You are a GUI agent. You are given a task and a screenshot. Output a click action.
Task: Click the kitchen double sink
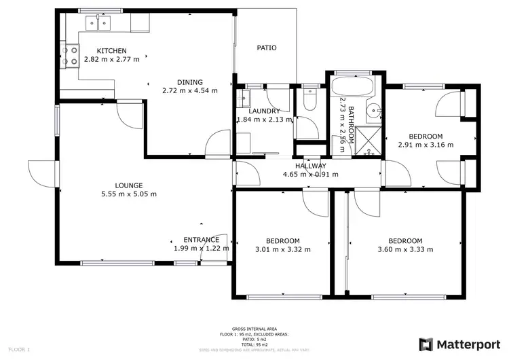tap(99, 25)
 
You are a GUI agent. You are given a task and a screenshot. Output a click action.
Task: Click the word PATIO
tap(266, 48)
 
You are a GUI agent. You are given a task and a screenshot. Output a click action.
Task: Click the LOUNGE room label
tap(128, 184)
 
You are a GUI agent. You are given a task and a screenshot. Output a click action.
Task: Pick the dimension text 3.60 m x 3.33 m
tap(404, 249)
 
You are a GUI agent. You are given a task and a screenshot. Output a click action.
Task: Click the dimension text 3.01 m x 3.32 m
tap(282, 249)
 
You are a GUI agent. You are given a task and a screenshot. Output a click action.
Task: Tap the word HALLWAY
tap(310, 166)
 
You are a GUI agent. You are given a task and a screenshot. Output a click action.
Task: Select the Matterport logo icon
tap(426, 344)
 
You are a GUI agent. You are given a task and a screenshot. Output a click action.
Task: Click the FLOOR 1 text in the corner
tap(18, 349)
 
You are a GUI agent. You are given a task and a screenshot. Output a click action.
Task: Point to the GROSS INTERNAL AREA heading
tap(254, 327)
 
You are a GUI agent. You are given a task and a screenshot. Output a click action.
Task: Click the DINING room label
tap(189, 82)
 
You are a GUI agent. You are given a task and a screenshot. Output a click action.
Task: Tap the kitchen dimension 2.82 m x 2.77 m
tap(111, 59)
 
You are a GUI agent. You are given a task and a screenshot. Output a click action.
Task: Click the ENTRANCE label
tap(201, 240)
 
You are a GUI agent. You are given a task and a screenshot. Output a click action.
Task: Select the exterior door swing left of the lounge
tap(37, 171)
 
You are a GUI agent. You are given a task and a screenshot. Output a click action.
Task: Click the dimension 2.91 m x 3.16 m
tap(426, 144)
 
